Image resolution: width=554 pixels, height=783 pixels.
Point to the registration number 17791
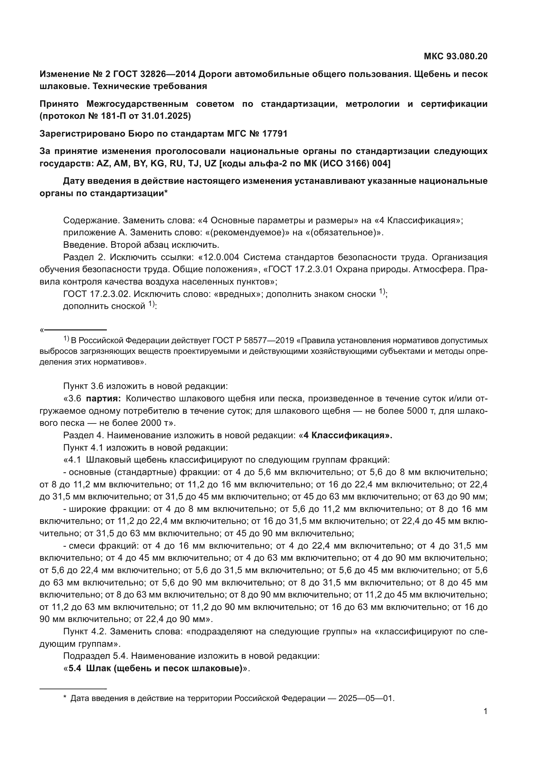[275, 133]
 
